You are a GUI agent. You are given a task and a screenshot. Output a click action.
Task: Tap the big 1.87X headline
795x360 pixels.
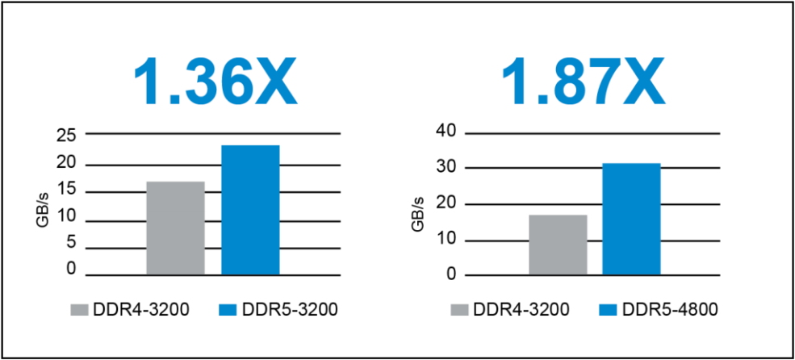click(x=582, y=82)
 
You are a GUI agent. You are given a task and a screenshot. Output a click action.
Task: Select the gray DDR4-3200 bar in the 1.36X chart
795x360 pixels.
click(x=175, y=228)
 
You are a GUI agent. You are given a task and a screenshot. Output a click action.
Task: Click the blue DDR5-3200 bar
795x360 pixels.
click(x=250, y=210)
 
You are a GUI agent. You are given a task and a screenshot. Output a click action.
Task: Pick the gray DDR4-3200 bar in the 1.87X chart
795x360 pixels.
click(x=558, y=245)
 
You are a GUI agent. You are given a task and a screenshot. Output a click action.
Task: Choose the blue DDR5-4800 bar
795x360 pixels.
click(x=631, y=219)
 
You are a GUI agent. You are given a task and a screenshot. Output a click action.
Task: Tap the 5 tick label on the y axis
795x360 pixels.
click(x=70, y=242)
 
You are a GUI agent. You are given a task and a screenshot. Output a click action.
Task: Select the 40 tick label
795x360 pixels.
click(x=446, y=131)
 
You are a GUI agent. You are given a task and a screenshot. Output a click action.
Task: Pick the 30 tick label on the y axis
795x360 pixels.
click(x=446, y=168)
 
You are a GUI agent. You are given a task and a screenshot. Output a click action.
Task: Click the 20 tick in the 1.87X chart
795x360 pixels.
click(x=446, y=204)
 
